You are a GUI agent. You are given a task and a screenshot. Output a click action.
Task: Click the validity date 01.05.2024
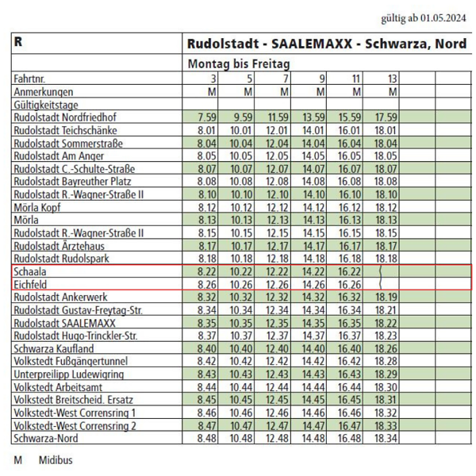click(443, 18)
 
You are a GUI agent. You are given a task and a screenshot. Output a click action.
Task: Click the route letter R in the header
click(18, 42)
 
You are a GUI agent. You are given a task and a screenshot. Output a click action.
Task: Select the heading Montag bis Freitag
click(239, 64)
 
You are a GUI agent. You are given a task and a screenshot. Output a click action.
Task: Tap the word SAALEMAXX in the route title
click(312, 44)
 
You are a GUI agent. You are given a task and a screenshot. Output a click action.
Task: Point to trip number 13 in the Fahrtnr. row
click(392, 79)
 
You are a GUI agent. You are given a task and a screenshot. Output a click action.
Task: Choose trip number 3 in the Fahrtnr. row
click(213, 79)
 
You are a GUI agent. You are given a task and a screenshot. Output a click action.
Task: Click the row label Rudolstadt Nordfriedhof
click(65, 117)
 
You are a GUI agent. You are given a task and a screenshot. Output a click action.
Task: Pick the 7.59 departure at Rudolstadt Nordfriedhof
click(207, 117)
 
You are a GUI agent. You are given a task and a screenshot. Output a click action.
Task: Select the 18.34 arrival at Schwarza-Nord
click(386, 439)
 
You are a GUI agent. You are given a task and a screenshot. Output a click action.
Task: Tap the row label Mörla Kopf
click(37, 208)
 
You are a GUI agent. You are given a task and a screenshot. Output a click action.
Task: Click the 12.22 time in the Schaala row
click(277, 271)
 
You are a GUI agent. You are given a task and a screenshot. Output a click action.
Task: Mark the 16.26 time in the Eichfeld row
click(349, 285)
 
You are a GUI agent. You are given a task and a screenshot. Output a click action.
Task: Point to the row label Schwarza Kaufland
click(54, 349)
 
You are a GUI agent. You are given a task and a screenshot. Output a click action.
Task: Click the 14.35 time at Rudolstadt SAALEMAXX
click(313, 323)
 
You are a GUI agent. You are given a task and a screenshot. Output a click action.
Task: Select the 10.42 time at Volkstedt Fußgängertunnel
click(241, 361)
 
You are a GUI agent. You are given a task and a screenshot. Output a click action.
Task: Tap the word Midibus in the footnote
click(56, 460)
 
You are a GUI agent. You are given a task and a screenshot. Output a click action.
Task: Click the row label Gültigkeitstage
click(46, 105)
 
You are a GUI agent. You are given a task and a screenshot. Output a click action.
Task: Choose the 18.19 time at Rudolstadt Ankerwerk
click(386, 297)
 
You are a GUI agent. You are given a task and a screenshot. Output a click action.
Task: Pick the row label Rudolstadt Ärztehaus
click(59, 246)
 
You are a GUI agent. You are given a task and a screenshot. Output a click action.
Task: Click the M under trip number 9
click(321, 92)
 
